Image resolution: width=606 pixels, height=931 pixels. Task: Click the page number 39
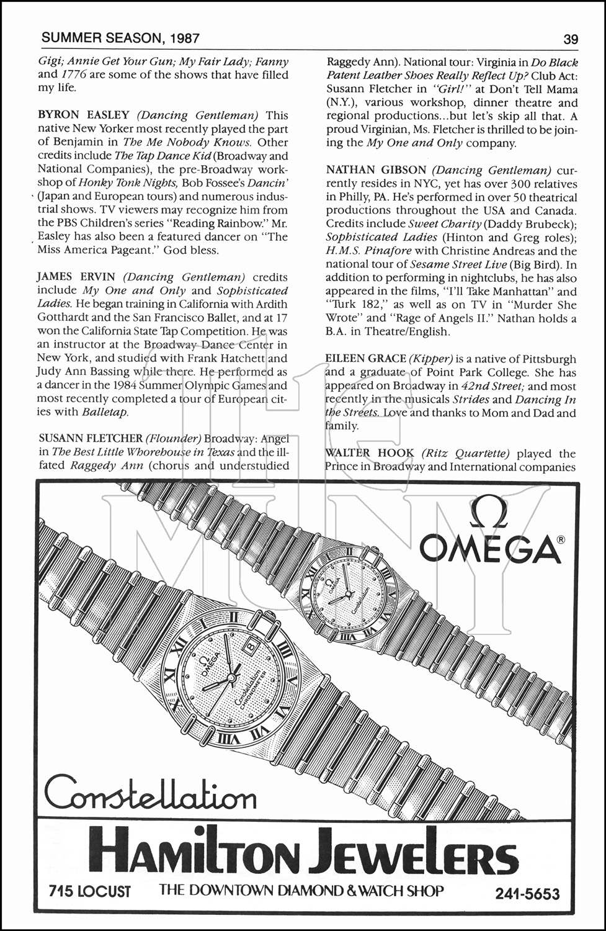pos(571,39)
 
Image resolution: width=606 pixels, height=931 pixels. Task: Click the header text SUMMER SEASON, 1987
pos(120,38)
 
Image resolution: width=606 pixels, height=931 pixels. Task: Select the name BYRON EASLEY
pos(84,115)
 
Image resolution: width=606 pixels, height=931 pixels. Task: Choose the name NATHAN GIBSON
pos(375,170)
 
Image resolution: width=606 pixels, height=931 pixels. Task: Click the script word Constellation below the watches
pos(149,795)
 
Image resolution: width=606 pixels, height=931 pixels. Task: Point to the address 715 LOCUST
pos(90,892)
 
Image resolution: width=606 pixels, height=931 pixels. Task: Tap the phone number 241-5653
pos(527,894)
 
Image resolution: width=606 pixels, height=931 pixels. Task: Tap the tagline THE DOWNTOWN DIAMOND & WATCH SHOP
pos(301,891)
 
